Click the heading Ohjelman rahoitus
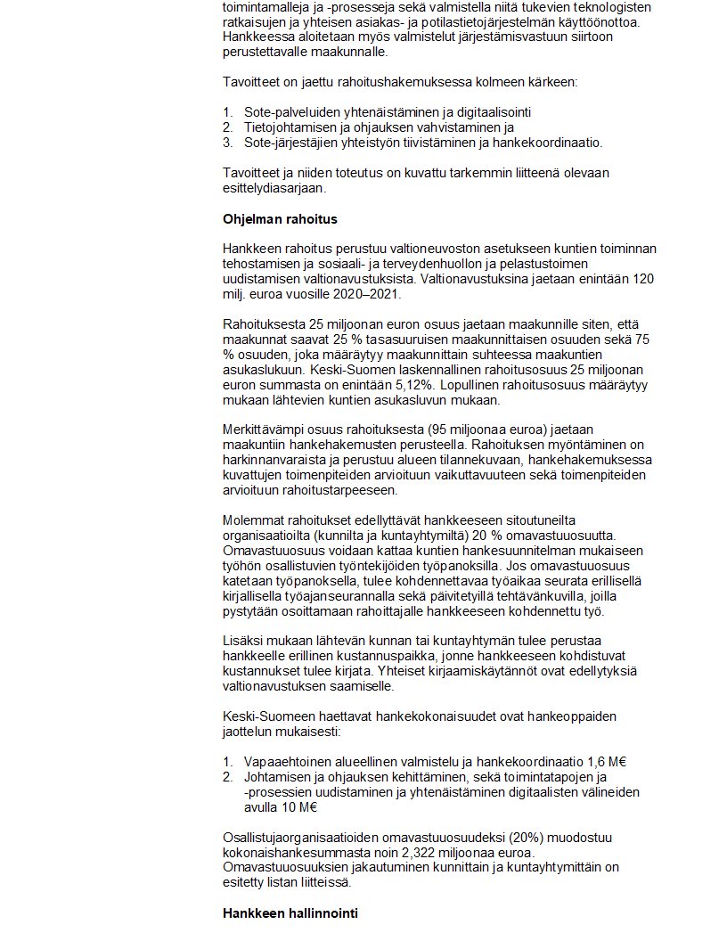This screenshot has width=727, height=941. [280, 219]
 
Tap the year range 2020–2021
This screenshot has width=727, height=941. [365, 293]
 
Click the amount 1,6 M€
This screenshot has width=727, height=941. [608, 762]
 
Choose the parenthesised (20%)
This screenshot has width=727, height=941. [504, 838]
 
